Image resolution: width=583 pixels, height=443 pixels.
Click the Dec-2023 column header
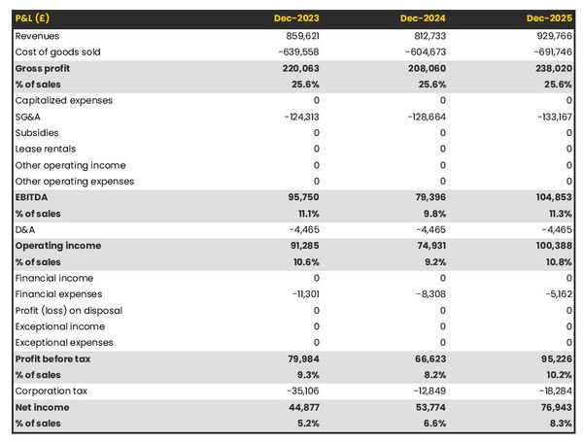click(x=297, y=18)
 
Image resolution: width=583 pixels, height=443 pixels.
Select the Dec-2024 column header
click(x=424, y=18)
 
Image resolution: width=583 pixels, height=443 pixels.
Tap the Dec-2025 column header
click(x=550, y=18)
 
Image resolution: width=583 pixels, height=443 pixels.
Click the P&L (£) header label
click(x=33, y=18)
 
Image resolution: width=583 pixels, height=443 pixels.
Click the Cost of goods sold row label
click(x=57, y=51)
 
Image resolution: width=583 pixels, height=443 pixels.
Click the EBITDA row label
click(x=33, y=197)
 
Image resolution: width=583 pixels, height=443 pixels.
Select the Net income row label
click(x=42, y=407)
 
